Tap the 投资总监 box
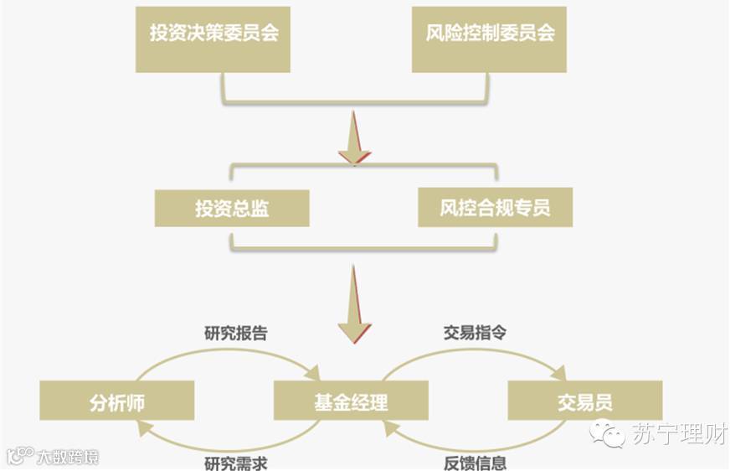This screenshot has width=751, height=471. click(x=232, y=208)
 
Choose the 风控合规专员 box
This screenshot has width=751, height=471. click(x=495, y=208)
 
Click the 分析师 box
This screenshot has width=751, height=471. click(x=116, y=401)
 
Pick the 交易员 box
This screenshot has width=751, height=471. click(x=584, y=401)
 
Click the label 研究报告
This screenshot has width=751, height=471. click(x=236, y=332)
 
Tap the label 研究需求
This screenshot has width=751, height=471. click(x=236, y=462)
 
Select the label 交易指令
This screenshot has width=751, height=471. click(x=475, y=332)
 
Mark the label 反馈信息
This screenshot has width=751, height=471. click(x=475, y=462)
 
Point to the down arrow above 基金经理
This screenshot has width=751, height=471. click(x=354, y=306)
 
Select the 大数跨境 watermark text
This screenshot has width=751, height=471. click(x=67, y=457)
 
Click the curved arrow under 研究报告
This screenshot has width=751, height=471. click(x=234, y=355)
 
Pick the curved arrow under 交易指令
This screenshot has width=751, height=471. click(x=473, y=355)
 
